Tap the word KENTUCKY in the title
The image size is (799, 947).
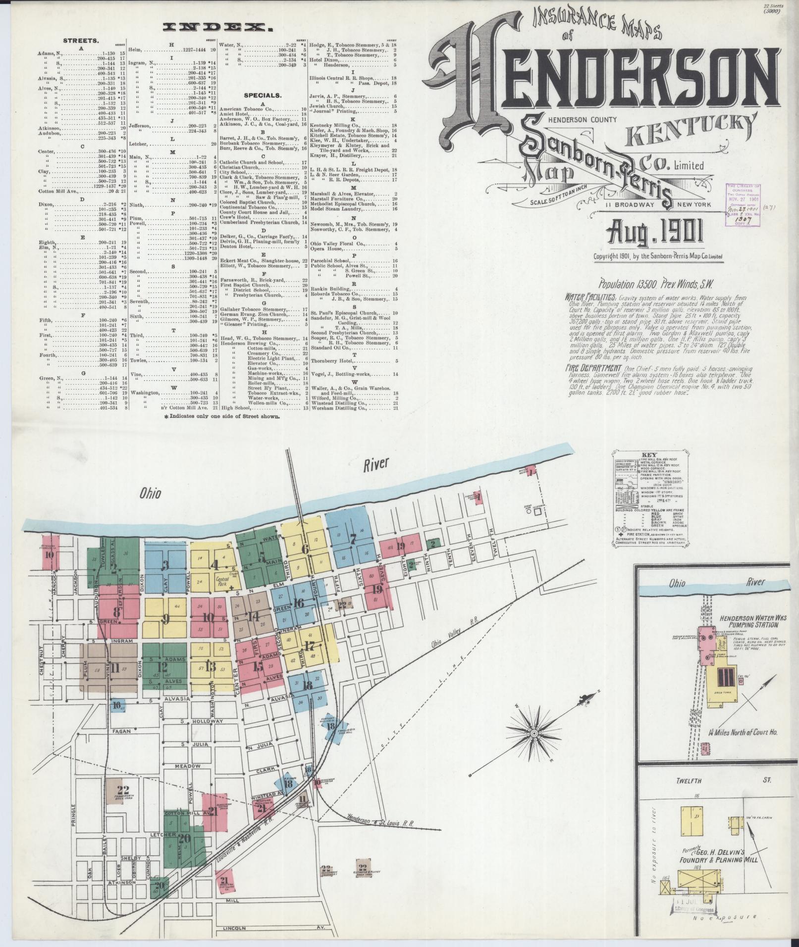(x=692, y=129)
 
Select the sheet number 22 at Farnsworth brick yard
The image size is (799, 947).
(x=122, y=790)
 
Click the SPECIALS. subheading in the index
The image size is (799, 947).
(x=263, y=95)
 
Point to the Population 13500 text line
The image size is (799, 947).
(x=628, y=285)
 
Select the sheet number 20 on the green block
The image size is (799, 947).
(x=185, y=838)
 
